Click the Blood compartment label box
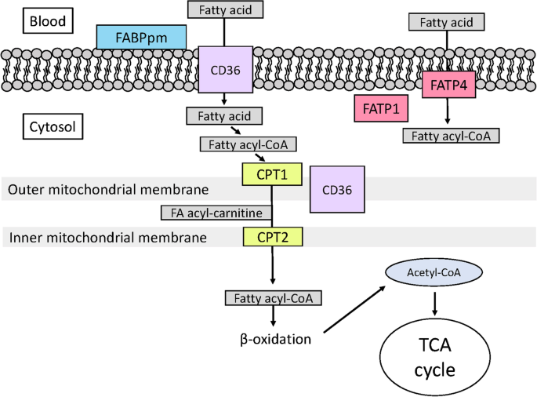(x=48, y=21)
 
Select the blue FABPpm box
(x=141, y=37)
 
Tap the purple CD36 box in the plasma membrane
(x=225, y=70)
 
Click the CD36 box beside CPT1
(x=337, y=190)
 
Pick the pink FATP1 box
(x=381, y=108)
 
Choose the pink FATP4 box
(x=448, y=85)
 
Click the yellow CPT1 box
(x=272, y=174)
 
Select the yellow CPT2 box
(x=273, y=237)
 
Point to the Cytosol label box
(x=53, y=126)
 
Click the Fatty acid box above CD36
(x=225, y=9)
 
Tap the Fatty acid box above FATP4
(x=447, y=22)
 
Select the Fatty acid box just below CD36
(x=224, y=116)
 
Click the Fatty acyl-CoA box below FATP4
(x=451, y=136)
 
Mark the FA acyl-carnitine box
(x=216, y=213)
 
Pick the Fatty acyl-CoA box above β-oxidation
(x=274, y=298)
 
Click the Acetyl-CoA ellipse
(x=434, y=272)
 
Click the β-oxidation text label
(x=275, y=339)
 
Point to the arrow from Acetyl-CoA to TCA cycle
(x=434, y=304)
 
